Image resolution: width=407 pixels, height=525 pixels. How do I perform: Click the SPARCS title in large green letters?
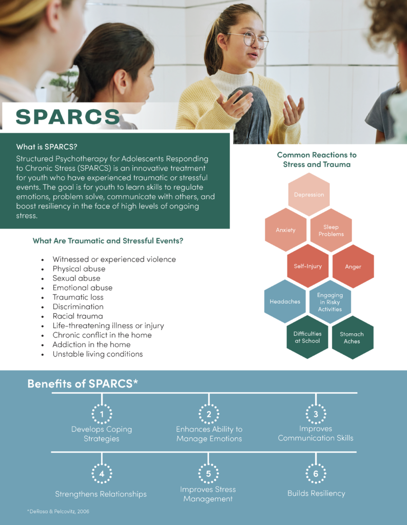(x=68, y=117)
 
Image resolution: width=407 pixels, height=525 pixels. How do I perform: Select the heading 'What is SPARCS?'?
(x=47, y=146)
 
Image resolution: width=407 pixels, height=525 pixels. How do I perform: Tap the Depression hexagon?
(x=308, y=195)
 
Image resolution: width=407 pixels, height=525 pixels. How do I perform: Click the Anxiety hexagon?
(x=285, y=230)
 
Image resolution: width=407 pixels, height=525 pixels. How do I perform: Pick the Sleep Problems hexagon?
(x=331, y=230)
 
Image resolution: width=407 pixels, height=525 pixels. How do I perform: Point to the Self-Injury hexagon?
(x=307, y=267)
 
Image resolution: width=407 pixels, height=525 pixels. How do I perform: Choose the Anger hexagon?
(x=353, y=267)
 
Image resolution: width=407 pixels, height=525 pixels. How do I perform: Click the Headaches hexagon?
(x=285, y=301)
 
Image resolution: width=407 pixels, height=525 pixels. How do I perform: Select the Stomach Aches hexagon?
(x=352, y=337)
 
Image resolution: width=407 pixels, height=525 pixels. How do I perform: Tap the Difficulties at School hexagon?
(x=307, y=337)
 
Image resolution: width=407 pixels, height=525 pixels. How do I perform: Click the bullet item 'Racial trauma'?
(x=77, y=316)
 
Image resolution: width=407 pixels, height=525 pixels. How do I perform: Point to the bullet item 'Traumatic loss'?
(x=78, y=297)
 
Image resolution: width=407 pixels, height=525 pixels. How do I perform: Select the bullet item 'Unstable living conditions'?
(x=98, y=354)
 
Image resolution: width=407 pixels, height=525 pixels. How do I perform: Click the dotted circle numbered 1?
(x=102, y=414)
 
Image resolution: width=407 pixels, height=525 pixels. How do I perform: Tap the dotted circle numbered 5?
(x=208, y=474)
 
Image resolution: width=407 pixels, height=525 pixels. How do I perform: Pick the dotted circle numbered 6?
(x=316, y=474)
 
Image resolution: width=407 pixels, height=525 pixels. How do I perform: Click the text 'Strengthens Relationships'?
(x=101, y=494)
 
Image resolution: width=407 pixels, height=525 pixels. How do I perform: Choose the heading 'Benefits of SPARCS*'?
(x=83, y=384)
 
